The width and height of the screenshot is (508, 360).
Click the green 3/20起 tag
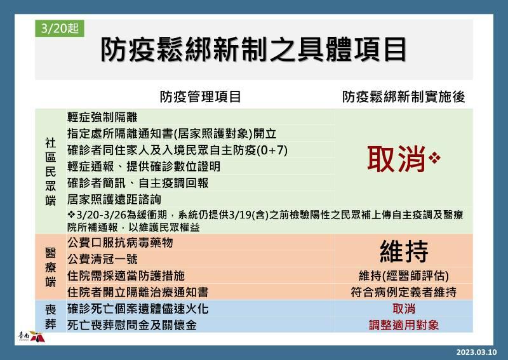60,28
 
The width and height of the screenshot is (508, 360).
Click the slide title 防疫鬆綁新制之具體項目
253,50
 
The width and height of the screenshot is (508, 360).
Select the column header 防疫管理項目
200,97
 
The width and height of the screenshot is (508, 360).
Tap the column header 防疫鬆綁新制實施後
404,97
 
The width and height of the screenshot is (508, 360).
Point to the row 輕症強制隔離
102,117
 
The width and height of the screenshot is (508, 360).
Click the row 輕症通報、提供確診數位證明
144,166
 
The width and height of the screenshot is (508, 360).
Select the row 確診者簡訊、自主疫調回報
138,183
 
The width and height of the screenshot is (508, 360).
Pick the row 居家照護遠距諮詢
114,199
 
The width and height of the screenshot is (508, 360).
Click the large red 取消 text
396,159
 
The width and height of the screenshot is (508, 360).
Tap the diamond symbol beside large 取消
434,158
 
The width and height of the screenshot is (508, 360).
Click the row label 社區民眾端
51,171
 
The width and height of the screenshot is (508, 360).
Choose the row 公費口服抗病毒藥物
120,243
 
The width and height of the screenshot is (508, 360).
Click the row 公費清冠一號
102,259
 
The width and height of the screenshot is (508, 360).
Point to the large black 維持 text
404,251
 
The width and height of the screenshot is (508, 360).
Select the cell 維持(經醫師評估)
404,276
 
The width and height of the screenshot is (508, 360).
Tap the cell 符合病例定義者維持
404,292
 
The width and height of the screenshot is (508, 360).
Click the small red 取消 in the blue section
404,309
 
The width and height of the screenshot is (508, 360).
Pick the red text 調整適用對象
404,325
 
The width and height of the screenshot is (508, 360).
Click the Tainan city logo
31,337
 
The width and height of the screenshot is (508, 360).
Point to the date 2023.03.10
476,352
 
